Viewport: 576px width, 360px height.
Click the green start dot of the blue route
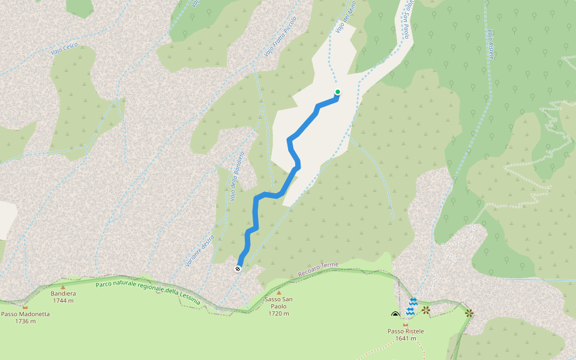[x=337, y=92]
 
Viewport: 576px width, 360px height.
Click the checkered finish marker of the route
[x=238, y=269]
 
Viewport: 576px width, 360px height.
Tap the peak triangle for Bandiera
[x=63, y=287]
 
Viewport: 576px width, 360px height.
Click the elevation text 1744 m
[x=63, y=301]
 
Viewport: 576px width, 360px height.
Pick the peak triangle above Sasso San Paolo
[x=278, y=293]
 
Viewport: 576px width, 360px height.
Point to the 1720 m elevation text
[x=278, y=313]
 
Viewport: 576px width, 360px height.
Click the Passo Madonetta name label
[x=25, y=314]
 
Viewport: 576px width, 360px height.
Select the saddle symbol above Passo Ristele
[x=406, y=325]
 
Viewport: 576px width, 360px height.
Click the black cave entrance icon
[x=395, y=314]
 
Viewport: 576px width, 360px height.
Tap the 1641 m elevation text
[x=406, y=338]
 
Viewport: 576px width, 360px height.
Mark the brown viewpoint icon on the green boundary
[x=469, y=312]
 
